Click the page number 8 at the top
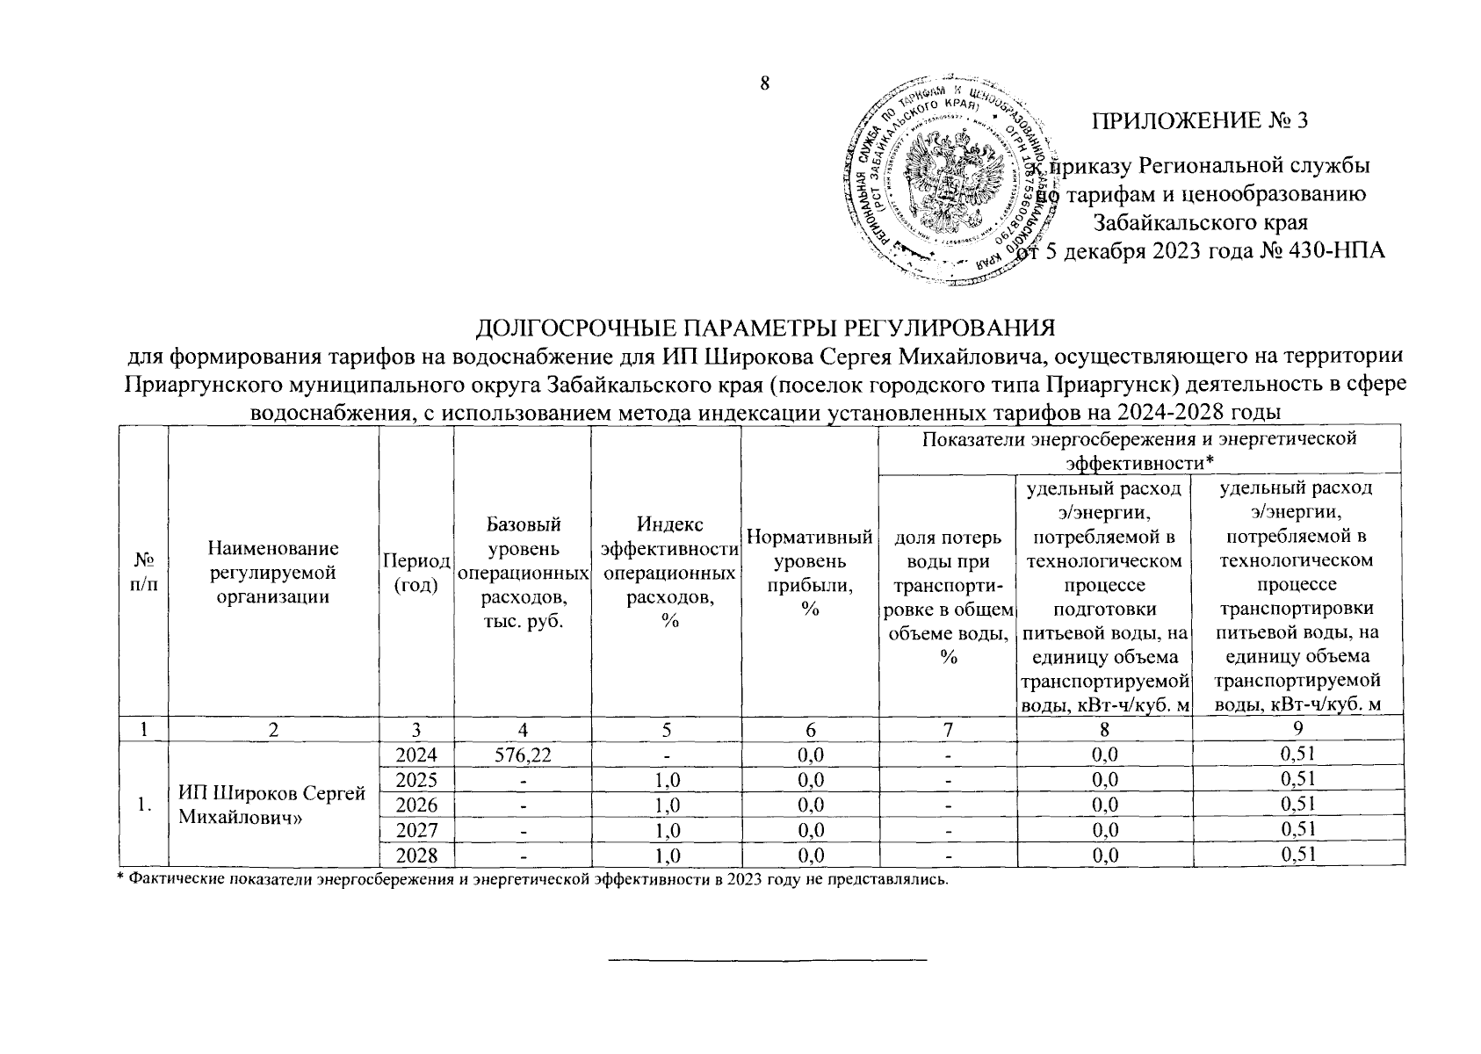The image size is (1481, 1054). click(x=764, y=84)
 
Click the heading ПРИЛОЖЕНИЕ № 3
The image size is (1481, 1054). click(x=1199, y=120)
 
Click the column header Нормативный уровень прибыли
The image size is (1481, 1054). click(x=809, y=573)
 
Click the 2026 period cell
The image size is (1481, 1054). click(x=415, y=805)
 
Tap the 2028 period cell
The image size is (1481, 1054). click(x=415, y=855)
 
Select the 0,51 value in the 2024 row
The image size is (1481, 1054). click(x=1297, y=754)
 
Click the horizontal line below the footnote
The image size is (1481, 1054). click(x=769, y=958)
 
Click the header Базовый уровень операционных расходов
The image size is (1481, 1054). click(x=523, y=573)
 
